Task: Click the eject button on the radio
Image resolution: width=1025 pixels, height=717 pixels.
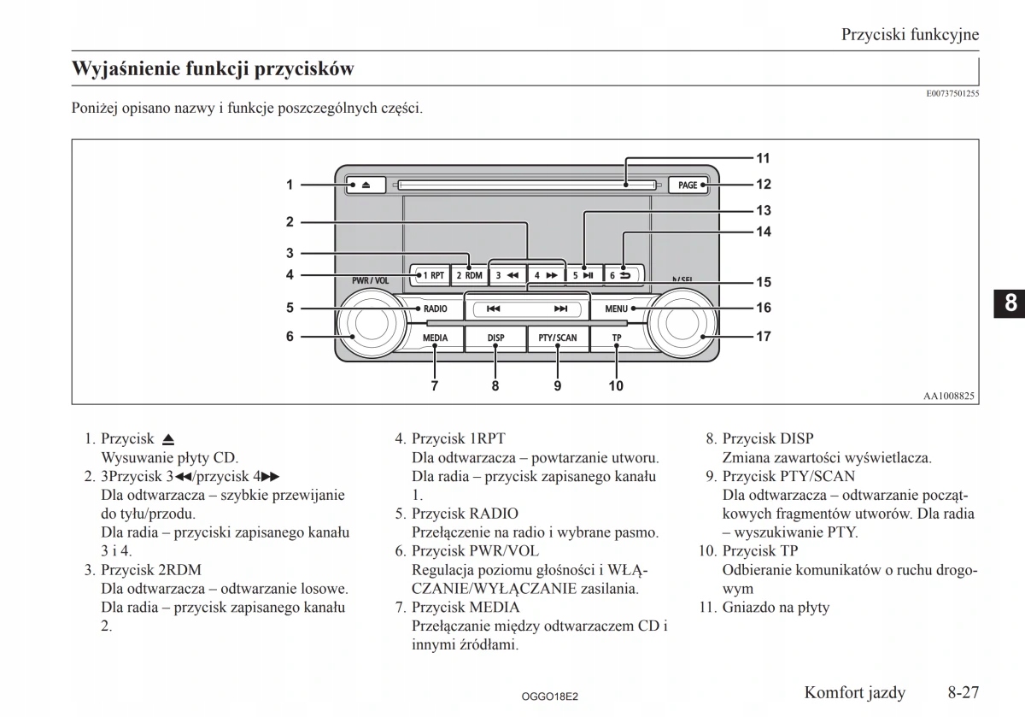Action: [366, 185]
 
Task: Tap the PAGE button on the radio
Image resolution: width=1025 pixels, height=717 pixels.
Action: [688, 185]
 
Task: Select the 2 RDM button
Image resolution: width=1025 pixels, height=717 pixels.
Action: [468, 275]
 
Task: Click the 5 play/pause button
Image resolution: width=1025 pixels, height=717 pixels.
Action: [583, 275]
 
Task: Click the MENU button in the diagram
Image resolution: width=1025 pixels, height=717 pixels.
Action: [617, 309]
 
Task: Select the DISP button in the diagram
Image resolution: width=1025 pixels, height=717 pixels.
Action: [496, 338]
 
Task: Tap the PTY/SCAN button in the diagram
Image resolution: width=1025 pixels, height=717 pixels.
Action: [558, 338]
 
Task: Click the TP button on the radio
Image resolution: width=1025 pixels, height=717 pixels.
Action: [617, 338]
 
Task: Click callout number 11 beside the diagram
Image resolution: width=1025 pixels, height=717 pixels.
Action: [763, 158]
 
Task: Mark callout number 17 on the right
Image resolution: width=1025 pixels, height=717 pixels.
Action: [763, 337]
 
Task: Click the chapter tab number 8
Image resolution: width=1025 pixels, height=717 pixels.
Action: [1010, 303]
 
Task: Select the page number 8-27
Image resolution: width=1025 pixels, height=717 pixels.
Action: [962, 691]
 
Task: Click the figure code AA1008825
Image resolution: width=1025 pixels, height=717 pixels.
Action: [949, 396]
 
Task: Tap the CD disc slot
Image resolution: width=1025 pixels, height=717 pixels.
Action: [525, 184]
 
